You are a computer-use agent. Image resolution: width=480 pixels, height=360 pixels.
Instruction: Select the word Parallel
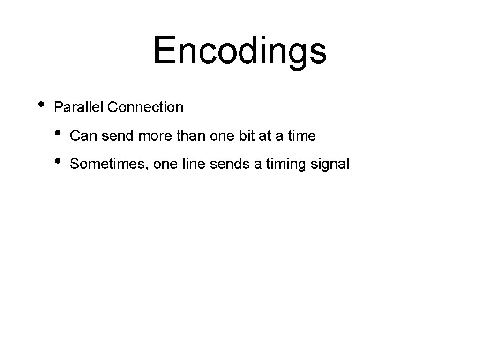coord(79,107)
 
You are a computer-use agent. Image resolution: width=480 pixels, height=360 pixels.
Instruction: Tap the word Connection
coord(145,107)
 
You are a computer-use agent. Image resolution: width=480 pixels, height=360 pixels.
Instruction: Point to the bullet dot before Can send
coord(58,133)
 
